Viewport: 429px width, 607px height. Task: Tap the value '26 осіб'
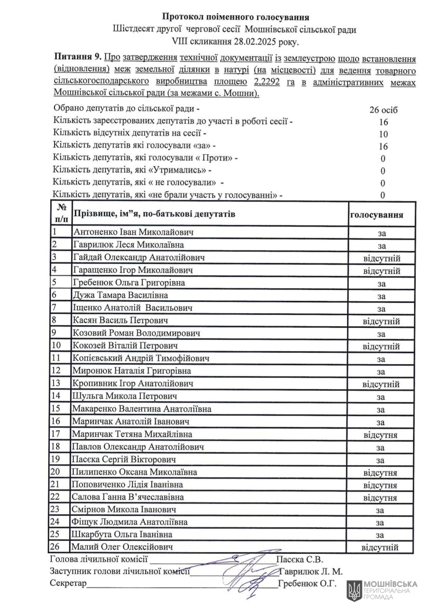point(383,111)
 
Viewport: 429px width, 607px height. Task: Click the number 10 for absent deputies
point(383,134)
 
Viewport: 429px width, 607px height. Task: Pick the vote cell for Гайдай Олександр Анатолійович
point(381,258)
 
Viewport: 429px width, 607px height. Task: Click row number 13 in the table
point(57,383)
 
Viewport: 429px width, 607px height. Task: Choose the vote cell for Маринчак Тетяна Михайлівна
point(381,434)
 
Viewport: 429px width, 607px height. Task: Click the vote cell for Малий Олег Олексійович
point(380,547)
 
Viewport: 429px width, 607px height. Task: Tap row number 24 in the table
point(57,521)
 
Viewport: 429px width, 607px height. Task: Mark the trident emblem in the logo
point(354,590)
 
